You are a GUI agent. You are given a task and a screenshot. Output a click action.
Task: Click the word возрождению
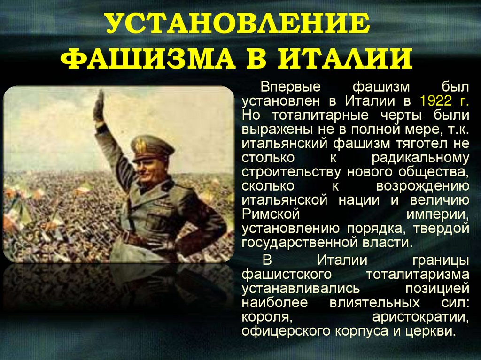[422, 186]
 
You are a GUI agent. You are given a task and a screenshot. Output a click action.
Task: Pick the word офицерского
[287, 331]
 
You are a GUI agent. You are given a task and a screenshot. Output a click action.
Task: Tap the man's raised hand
[99, 104]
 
